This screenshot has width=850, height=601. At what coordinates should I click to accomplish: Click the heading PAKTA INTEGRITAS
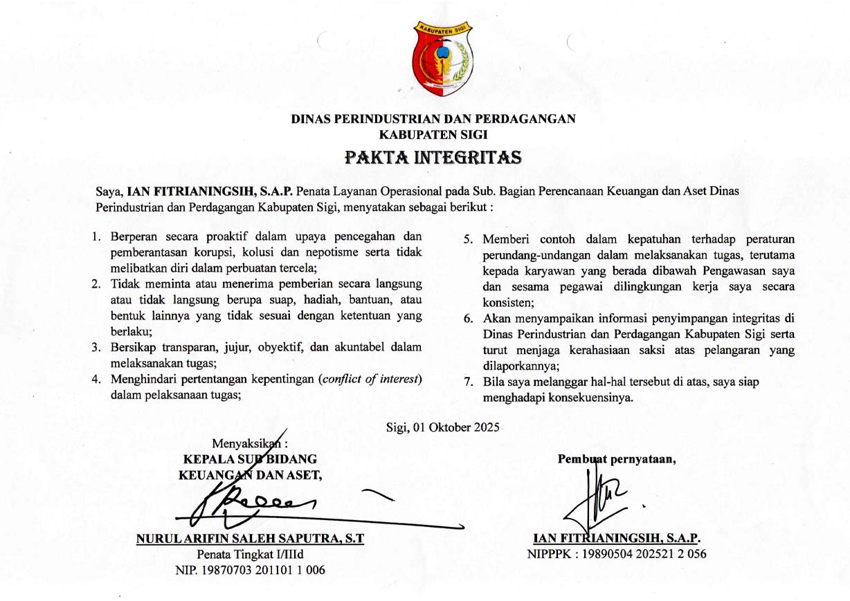[x=433, y=158]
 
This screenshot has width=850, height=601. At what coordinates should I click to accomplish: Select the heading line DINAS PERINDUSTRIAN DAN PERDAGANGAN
[x=433, y=119]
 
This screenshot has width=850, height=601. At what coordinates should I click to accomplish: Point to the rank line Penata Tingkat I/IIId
[x=250, y=554]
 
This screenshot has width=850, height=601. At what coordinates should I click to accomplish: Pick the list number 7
[x=468, y=381]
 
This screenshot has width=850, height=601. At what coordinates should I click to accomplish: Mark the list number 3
[x=96, y=348]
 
